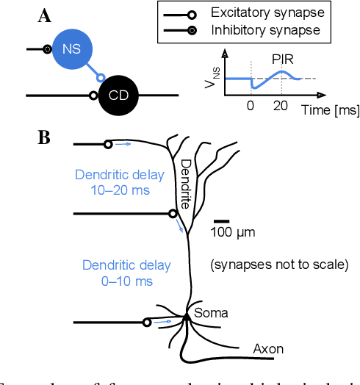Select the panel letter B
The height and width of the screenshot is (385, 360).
pyautogui.click(x=43, y=137)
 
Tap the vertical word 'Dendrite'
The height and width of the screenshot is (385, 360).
pyautogui.click(x=186, y=184)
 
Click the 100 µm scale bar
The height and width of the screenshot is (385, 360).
pyautogui.click(x=222, y=220)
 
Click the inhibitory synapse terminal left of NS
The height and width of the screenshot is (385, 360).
pyautogui.click(x=48, y=49)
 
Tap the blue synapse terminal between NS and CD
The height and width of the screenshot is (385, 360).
pyautogui.click(x=102, y=77)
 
